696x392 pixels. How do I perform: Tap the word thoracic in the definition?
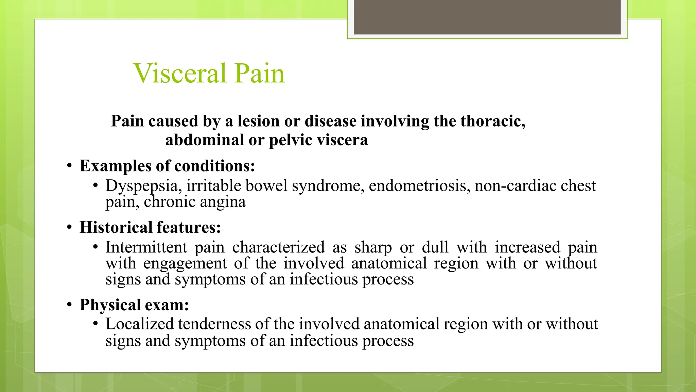[x=492, y=121]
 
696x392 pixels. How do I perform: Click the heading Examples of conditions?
[x=167, y=166]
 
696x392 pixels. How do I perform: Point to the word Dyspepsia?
[x=143, y=186]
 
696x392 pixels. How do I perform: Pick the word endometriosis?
[x=419, y=186]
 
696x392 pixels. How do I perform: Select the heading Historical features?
[x=150, y=227]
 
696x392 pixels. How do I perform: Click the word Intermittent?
[x=146, y=247]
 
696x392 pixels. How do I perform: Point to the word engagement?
[x=185, y=263]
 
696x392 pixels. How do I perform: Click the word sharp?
[x=373, y=248]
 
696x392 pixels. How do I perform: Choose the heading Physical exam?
[x=134, y=305]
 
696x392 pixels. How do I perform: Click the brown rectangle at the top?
[x=487, y=17]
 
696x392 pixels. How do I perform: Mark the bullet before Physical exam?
[x=69, y=305]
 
